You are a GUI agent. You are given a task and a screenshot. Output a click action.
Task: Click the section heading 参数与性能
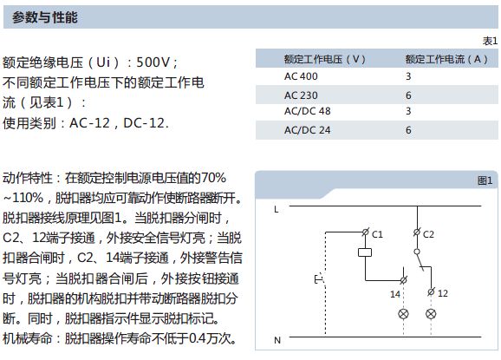pyautogui.click(x=45, y=17)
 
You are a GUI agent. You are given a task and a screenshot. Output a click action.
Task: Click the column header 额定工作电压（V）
pyautogui.click(x=325, y=59)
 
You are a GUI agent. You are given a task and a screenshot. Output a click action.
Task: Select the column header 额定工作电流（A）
pyautogui.click(x=446, y=59)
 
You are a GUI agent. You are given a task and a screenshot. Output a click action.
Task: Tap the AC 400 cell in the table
pyautogui.click(x=301, y=76)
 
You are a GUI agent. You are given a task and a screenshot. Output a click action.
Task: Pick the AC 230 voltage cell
pyautogui.click(x=301, y=95)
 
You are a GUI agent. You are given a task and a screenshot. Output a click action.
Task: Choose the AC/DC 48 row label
pyautogui.click(x=308, y=111)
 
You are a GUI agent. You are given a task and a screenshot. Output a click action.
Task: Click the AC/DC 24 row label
pyautogui.click(x=308, y=130)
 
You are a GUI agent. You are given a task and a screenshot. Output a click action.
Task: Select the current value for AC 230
pyautogui.click(x=408, y=95)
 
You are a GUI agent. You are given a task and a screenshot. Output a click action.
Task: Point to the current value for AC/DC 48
pyautogui.click(x=408, y=111)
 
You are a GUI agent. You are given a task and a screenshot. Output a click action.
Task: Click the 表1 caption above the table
pyautogui.click(x=490, y=41)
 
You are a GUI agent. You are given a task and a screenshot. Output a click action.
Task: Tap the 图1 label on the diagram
pyautogui.click(x=485, y=180)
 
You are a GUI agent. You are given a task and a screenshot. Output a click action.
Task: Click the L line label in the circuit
pyautogui.click(x=277, y=210)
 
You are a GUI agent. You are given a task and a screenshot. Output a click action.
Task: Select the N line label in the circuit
pyautogui.click(x=277, y=340)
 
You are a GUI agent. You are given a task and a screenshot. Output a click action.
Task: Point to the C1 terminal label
pyautogui.click(x=377, y=234)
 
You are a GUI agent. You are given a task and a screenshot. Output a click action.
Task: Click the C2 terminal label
pyautogui.click(x=428, y=234)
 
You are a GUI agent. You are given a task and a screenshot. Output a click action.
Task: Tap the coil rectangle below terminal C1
pyautogui.click(x=365, y=252)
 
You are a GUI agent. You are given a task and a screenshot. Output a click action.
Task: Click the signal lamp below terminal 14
pyautogui.click(x=404, y=314)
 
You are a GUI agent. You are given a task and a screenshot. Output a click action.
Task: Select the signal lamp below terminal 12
pyautogui.click(x=431, y=314)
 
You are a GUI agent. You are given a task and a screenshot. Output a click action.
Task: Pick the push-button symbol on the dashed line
pyautogui.click(x=320, y=279)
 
